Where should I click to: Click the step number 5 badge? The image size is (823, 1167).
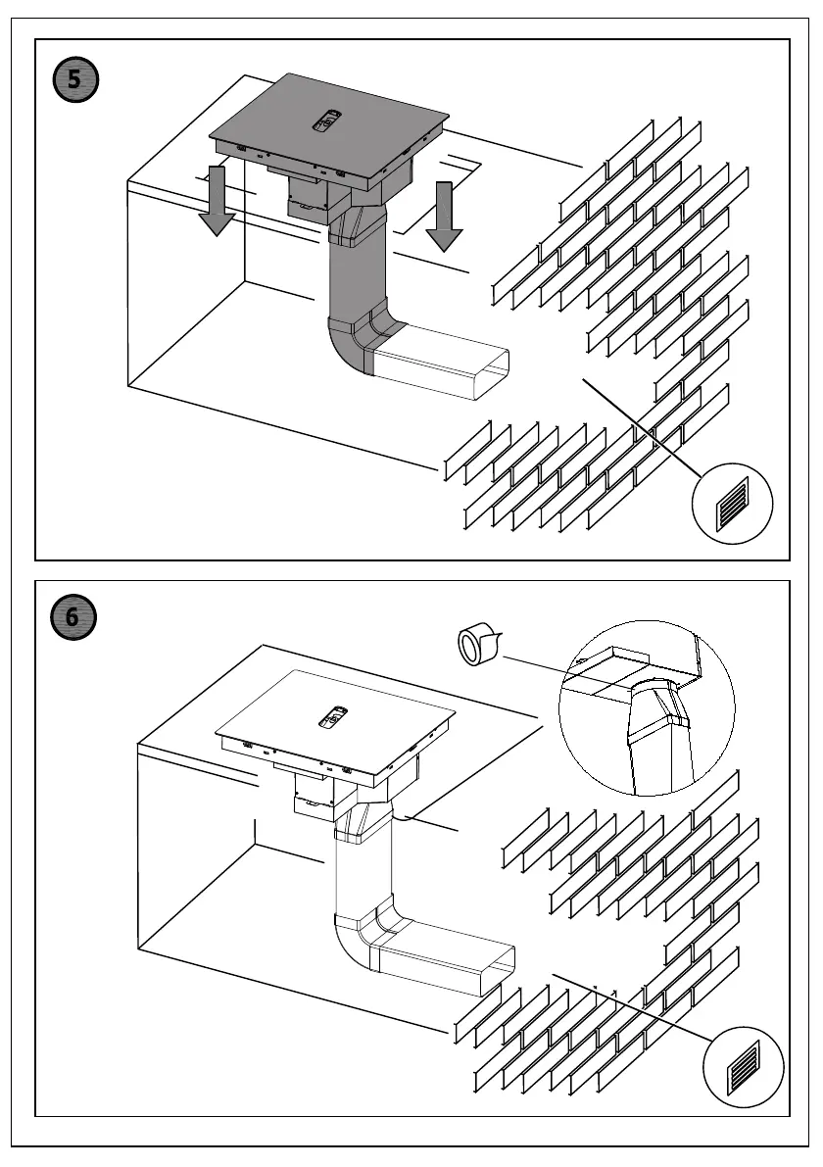[75, 79]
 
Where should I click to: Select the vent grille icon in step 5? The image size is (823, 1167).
[733, 503]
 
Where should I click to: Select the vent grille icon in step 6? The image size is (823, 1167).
[744, 1066]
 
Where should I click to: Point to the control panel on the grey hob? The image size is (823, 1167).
[327, 122]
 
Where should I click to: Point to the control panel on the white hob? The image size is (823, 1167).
[333, 719]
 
